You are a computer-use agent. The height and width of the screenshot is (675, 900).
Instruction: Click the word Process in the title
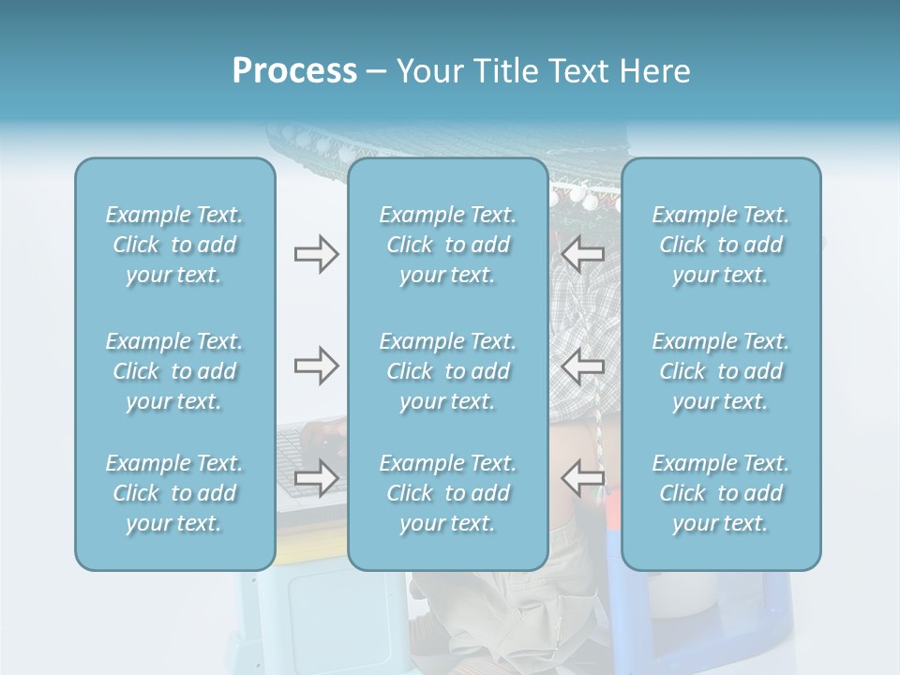click(x=294, y=71)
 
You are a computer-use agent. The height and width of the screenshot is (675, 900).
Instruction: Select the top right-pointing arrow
click(x=316, y=254)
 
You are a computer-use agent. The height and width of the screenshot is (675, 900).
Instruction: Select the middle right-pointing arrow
click(x=316, y=366)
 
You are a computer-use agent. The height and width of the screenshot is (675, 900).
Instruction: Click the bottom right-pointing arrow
click(x=316, y=478)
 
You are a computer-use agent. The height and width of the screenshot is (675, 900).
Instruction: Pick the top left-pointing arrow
click(x=582, y=254)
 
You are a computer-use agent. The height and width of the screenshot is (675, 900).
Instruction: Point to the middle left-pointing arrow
click(x=582, y=366)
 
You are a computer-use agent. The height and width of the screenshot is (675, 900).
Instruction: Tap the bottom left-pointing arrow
click(x=582, y=478)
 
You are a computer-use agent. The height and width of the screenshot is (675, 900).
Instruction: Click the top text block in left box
click(x=174, y=245)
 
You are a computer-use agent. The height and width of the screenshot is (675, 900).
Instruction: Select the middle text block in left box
click(x=174, y=371)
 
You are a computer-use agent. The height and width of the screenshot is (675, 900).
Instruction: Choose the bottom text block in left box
click(x=174, y=493)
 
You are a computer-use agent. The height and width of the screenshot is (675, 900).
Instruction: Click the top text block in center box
click(x=448, y=245)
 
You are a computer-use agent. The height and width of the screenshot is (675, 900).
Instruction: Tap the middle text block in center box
click(x=448, y=371)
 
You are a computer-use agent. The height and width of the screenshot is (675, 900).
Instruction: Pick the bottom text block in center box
click(x=448, y=493)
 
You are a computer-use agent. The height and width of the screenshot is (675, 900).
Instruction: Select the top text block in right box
click(x=721, y=245)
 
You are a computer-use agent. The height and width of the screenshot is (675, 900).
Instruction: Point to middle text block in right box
click(x=721, y=371)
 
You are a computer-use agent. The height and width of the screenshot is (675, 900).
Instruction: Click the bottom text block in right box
click(x=721, y=493)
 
